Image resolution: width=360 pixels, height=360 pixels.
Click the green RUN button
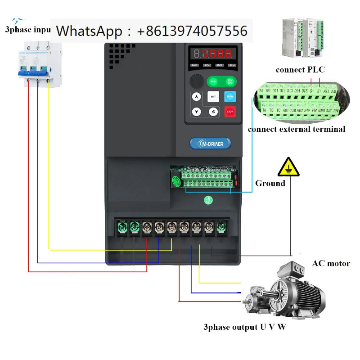point(213,81)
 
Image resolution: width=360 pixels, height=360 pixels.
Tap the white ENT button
point(213,96)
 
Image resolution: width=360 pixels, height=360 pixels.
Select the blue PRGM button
point(230,96)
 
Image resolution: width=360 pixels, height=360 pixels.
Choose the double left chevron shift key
point(213,112)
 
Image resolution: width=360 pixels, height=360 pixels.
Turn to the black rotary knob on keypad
point(196,82)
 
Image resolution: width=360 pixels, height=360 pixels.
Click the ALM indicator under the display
point(232,65)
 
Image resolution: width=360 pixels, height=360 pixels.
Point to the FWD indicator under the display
point(195,65)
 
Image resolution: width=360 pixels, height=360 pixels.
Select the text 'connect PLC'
point(300,70)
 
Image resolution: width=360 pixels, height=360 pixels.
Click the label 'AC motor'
point(331,263)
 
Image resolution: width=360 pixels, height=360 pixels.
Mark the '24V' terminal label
point(307,110)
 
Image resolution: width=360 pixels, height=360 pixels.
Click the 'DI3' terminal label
point(290,91)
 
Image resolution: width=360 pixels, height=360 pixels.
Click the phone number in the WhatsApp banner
point(192,31)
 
